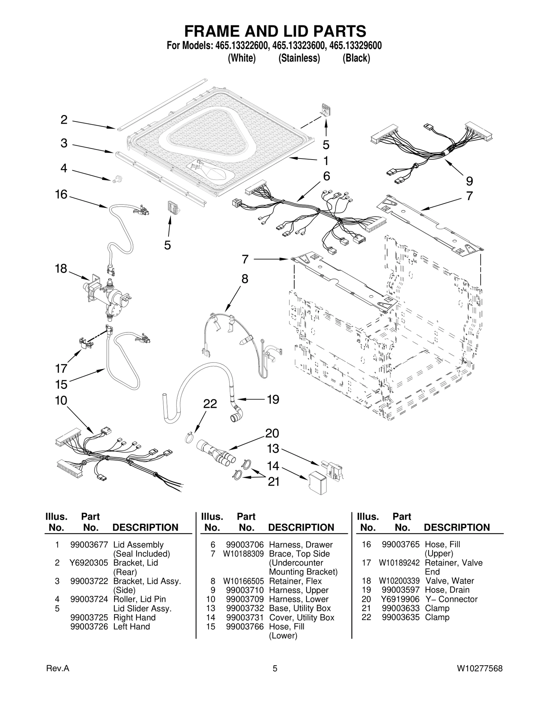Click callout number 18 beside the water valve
point(61,269)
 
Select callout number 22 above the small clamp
point(210,404)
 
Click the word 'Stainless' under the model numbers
point(299,59)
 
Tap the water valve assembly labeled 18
point(106,291)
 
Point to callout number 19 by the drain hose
point(273,400)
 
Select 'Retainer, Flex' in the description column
point(295,581)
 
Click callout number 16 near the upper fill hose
point(62,194)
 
